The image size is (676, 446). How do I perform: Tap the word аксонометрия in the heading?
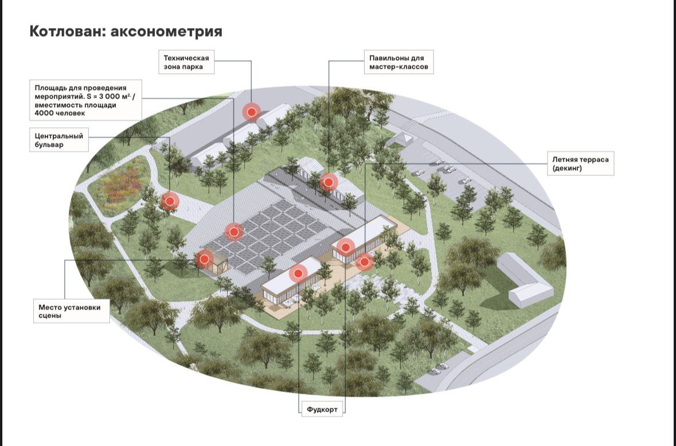tap(166, 32)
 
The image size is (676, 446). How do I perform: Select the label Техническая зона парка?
tap(186, 62)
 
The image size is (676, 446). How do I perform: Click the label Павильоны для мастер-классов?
tap(398, 62)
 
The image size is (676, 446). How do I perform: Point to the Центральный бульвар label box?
tap(59, 140)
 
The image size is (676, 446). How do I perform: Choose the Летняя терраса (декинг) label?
tap(580, 163)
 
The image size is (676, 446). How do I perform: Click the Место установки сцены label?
tap(72, 311)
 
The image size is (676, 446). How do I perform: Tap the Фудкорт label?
tap(322, 409)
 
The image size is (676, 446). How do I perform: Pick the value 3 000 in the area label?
tap(107, 96)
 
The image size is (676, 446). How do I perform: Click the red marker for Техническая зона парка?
tap(252, 112)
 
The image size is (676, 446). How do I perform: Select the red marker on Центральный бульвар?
tap(170, 201)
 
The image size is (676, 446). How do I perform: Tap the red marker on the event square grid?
tap(234, 232)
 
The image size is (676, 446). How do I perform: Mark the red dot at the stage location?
tap(204, 259)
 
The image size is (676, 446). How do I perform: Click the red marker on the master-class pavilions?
tap(329, 182)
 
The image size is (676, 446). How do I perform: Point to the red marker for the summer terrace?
tap(365, 261)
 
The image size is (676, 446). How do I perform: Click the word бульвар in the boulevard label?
tap(49, 144)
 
